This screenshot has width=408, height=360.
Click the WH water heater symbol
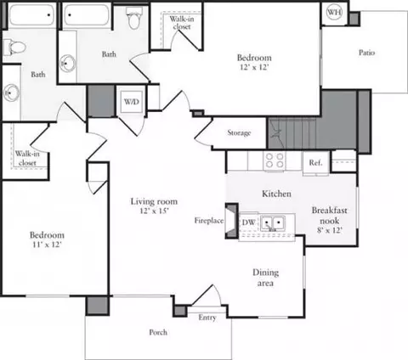[334, 12]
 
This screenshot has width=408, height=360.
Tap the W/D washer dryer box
[131, 102]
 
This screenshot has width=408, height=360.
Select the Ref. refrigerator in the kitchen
[315, 163]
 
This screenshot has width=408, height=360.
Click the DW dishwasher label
[249, 222]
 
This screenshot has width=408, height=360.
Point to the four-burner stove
[275, 160]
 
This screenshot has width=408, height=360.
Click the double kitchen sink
[273, 222]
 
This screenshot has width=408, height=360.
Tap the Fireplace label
[209, 221]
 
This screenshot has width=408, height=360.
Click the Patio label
[366, 53]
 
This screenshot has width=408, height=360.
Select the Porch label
[158, 332]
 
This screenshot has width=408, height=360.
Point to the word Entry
[207, 318]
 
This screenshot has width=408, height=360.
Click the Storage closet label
[239, 132]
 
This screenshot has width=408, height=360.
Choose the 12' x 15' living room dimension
[155, 211]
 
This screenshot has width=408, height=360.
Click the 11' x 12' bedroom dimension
[47, 245]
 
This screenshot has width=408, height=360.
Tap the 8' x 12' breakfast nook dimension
[330, 230]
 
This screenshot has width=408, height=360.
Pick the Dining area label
[265, 278]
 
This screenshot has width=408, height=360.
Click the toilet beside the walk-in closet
[134, 18]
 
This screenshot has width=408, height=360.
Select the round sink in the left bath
[11, 93]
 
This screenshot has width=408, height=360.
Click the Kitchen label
[276, 194]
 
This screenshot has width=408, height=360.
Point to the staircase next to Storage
[292, 133]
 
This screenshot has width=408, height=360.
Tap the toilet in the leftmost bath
[14, 48]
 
